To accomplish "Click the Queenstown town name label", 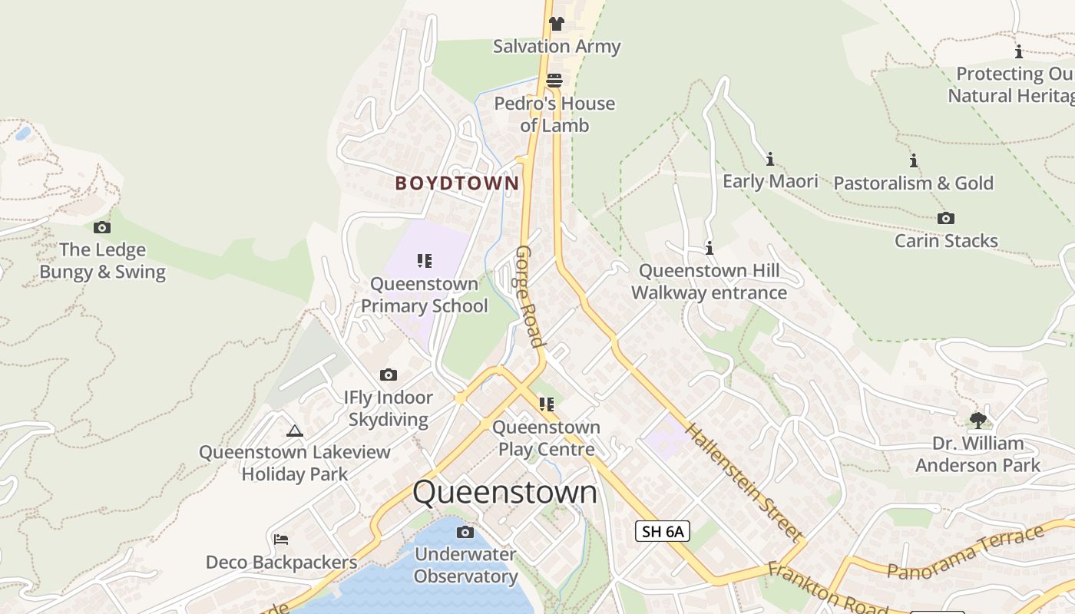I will [504, 492].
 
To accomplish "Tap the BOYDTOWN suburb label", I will [457, 183].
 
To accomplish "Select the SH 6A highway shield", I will [663, 530].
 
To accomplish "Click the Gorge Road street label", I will [530, 296].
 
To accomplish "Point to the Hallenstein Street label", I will [744, 483].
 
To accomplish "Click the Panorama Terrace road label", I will [966, 553].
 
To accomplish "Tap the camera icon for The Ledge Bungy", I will [101, 227].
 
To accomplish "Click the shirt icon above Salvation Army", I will [557, 24].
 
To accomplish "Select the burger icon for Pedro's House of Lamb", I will [554, 81].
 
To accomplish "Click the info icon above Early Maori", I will [770, 159].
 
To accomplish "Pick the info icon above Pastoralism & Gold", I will [914, 160].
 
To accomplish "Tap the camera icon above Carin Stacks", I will [946, 218].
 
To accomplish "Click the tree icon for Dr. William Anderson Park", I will [977, 420].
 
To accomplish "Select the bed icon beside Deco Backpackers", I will [281, 540].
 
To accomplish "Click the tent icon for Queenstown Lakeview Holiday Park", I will [294, 430].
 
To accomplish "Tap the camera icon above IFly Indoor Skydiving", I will [389, 375].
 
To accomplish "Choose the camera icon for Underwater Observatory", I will [465, 532].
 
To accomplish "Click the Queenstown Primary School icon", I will [425, 261].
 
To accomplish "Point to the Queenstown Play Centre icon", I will [546, 404].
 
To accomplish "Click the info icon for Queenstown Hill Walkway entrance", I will [709, 248].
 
